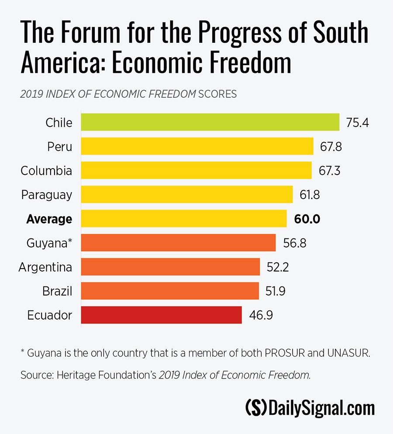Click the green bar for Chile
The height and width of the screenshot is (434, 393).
210,122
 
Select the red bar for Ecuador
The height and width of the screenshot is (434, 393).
162,315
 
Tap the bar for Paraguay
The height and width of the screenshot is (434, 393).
187,194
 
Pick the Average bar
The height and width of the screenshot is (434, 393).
184,218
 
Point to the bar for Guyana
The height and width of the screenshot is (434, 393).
179,243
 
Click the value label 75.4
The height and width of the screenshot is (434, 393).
358,123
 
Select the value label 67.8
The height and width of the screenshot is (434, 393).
330,147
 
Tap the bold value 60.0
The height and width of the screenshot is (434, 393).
307,219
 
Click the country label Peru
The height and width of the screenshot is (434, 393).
59,147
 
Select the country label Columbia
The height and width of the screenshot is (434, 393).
46,171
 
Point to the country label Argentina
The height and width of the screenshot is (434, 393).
45,267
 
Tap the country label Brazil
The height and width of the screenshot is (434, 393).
57,291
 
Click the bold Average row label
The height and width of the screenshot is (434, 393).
49,219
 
